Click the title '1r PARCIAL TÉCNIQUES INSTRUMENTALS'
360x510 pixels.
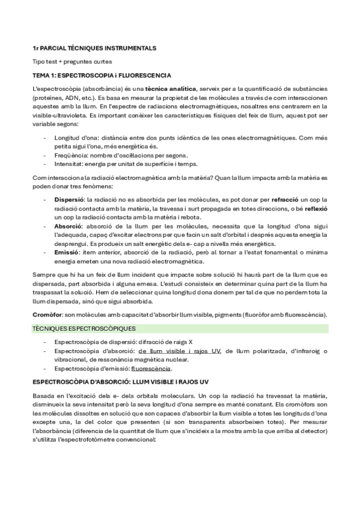point(94,48)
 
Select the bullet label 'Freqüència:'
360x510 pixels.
point(71,155)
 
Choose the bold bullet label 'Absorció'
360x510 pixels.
point(68,225)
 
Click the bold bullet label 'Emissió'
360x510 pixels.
point(67,253)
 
